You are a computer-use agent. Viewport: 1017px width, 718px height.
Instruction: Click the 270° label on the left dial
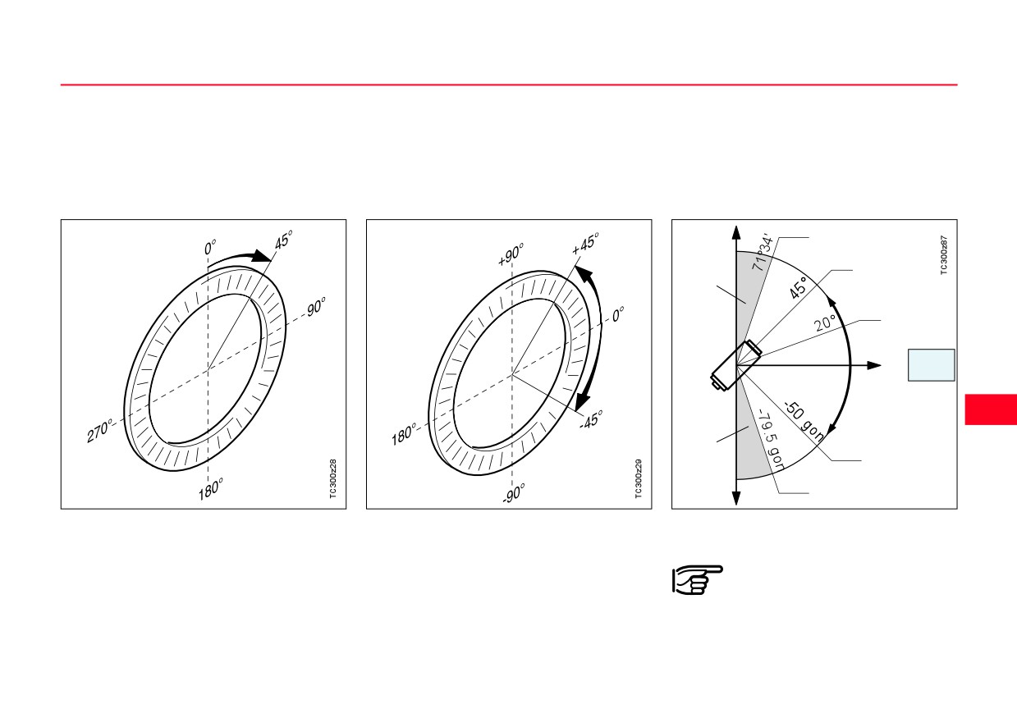click(x=99, y=431)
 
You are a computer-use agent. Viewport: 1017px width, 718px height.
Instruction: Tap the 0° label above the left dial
click(x=209, y=248)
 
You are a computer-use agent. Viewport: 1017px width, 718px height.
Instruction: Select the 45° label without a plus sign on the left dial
click(x=283, y=240)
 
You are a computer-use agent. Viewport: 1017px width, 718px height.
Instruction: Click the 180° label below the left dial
click(x=211, y=489)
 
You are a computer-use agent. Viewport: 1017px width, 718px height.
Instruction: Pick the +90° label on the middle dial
click(x=511, y=254)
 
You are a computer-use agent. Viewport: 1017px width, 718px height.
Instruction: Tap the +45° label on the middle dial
click(x=585, y=243)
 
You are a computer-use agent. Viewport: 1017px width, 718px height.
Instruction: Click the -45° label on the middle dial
click(x=591, y=420)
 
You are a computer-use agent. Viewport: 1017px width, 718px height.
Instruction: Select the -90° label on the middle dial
click(x=514, y=493)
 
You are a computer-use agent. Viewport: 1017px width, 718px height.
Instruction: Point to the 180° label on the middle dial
click(x=404, y=434)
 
